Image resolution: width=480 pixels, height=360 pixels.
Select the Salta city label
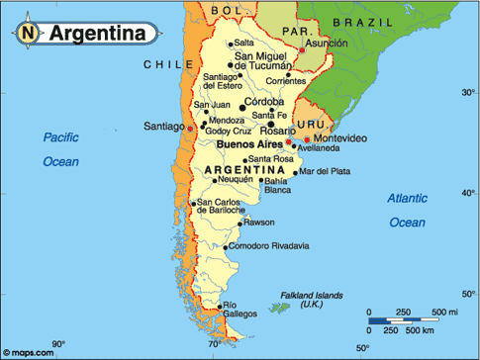coord(243,44)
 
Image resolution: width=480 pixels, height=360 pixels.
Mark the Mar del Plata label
coord(325,171)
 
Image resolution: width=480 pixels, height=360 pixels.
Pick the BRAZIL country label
coord(363,21)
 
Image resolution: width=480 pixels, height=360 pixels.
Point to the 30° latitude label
coord(468,92)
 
